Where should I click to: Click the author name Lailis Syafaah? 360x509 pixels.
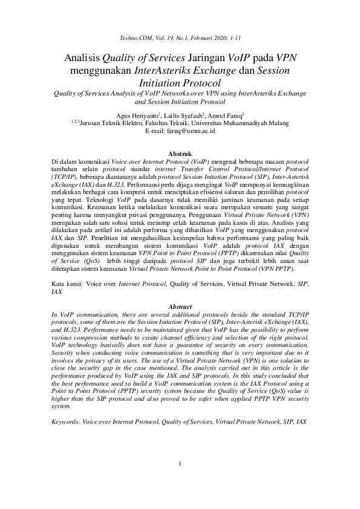[x=184, y=115]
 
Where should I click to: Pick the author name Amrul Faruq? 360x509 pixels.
[x=224, y=115]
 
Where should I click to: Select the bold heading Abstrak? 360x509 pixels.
[x=180, y=154]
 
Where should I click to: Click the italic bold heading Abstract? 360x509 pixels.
[x=180, y=307]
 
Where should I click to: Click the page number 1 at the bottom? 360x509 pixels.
[x=180, y=481]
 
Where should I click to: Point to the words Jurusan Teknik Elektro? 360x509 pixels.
[x=105, y=123]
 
